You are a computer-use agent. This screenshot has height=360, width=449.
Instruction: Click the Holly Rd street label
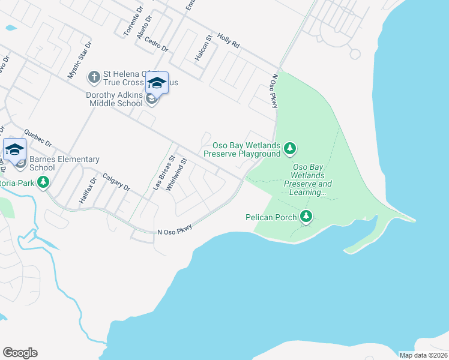(x=229, y=41)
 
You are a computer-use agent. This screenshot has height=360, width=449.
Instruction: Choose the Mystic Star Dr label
(x=79, y=60)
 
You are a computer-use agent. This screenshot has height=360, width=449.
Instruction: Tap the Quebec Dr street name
(x=38, y=139)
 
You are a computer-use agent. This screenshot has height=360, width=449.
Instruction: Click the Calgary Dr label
(x=116, y=181)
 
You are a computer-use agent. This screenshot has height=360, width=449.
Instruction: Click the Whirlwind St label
(x=177, y=175)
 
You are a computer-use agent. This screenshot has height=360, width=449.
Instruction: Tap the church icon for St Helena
(x=94, y=77)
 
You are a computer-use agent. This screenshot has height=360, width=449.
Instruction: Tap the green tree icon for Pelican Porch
(x=307, y=216)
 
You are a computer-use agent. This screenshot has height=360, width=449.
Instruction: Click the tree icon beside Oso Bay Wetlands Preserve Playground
(x=290, y=148)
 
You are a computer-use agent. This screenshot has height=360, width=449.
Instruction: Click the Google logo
(x=20, y=353)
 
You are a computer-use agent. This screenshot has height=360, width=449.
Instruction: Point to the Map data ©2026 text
(x=423, y=355)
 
